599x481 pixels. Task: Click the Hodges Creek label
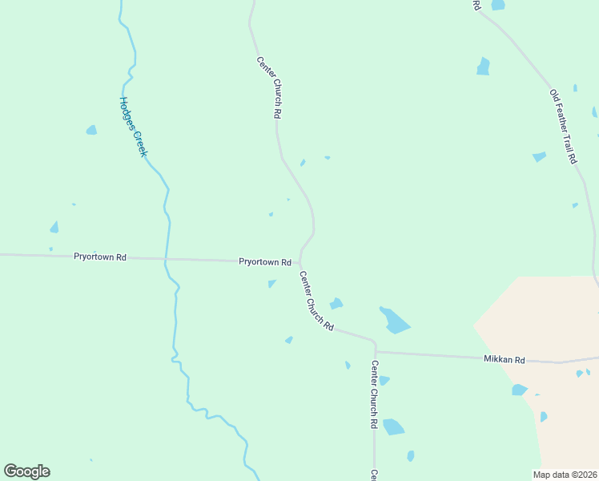(x=132, y=127)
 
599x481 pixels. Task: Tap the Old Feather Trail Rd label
(x=563, y=126)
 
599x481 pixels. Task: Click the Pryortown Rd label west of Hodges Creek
(x=100, y=257)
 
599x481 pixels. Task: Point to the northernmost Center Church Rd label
(x=267, y=87)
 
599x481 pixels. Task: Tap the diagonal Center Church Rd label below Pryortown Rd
(x=316, y=301)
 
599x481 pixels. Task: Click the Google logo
(x=26, y=471)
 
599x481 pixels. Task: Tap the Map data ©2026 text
(x=565, y=474)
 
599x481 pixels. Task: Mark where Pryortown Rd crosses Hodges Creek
(x=165, y=260)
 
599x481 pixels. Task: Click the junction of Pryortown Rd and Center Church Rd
(x=299, y=262)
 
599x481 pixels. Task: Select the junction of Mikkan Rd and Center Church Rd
(x=375, y=351)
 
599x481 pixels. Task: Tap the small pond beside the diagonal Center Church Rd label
(x=336, y=304)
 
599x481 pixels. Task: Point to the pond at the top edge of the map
(x=498, y=5)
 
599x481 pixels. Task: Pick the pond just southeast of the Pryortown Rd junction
(x=272, y=283)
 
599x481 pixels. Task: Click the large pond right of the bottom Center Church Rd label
(x=393, y=426)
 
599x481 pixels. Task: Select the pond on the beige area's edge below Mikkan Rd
(x=519, y=390)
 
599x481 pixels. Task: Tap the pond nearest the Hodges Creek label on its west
(x=91, y=130)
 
